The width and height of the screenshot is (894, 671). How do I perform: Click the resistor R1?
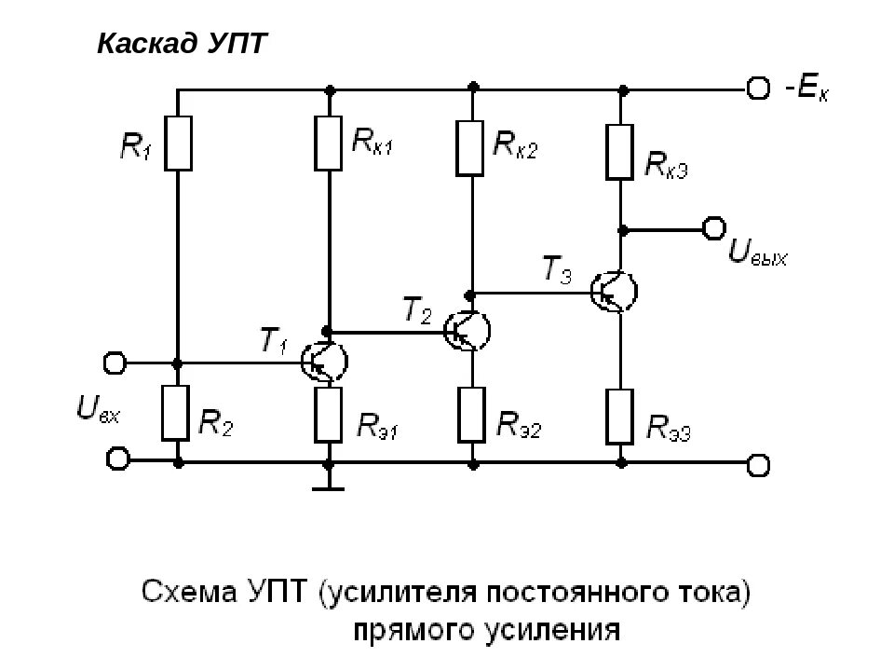pyautogui.click(x=178, y=143)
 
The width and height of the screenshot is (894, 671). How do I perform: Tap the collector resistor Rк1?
pyautogui.click(x=328, y=143)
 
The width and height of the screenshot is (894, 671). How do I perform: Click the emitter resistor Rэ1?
pyautogui.click(x=328, y=416)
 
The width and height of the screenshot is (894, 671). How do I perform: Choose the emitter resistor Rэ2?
pyautogui.click(x=472, y=416)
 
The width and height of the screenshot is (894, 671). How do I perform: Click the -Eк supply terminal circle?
pyautogui.click(x=759, y=89)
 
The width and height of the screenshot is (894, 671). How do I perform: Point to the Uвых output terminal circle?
pyautogui.click(x=714, y=227)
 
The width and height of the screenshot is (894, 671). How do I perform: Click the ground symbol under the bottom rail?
pyautogui.click(x=328, y=485)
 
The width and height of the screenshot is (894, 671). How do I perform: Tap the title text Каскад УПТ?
pyautogui.click(x=183, y=44)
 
